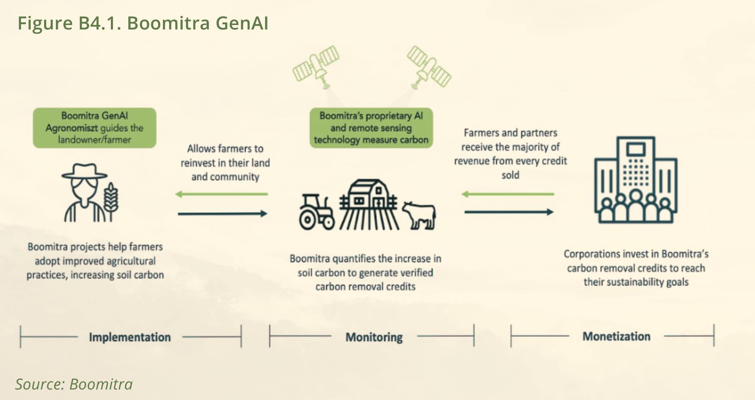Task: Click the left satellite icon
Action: (316, 67)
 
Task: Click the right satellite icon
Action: (429, 67)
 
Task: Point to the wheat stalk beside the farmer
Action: (111, 201)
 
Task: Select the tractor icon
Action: (317, 212)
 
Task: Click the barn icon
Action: (369, 204)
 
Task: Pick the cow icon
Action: (419, 215)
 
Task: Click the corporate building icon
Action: (636, 180)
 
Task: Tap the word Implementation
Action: (130, 337)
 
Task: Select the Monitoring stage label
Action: (374, 337)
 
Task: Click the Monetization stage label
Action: (616, 336)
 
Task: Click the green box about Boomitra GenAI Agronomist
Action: (94, 128)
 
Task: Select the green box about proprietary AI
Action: (371, 128)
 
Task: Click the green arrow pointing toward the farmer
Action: (222, 194)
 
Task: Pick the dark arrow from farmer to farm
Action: (223, 213)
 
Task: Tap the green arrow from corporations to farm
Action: (508, 194)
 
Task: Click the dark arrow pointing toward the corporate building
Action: (509, 212)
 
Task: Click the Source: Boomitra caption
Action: (74, 384)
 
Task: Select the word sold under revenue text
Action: (510, 175)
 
